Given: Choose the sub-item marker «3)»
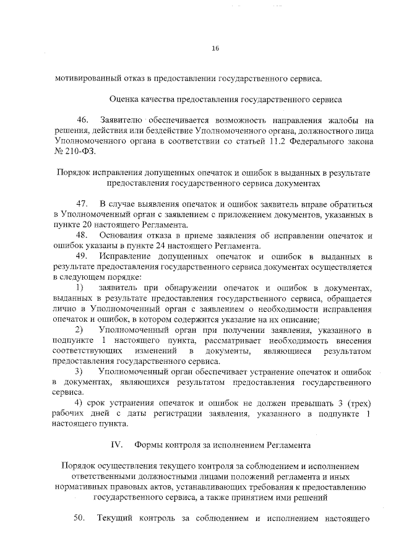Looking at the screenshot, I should point(80,372).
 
